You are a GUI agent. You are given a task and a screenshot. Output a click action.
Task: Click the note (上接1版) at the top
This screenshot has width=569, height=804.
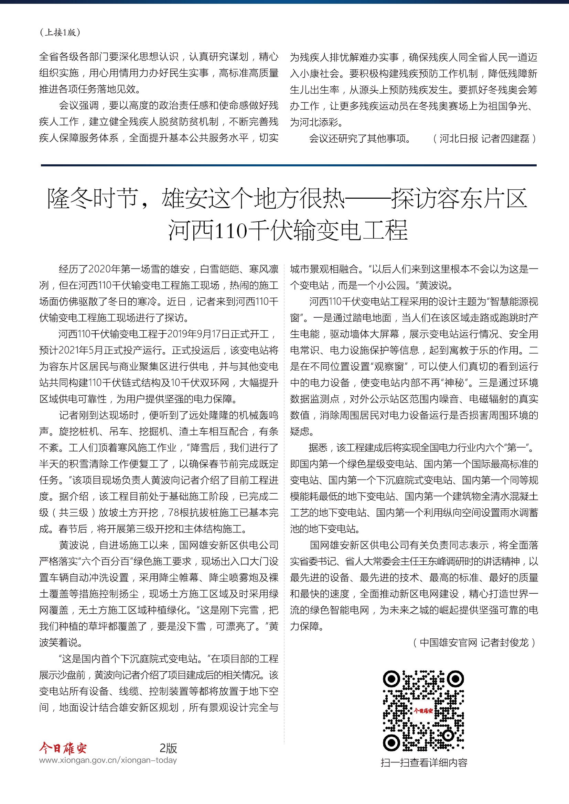click(60, 32)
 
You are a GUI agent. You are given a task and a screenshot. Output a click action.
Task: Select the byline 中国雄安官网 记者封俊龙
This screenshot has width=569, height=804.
click(474, 642)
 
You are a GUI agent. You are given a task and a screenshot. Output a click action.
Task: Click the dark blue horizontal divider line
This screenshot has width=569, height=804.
click(288, 165)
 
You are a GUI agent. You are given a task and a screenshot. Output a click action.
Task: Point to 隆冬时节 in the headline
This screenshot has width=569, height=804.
click(92, 198)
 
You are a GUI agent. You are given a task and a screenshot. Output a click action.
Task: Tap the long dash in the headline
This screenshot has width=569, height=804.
click(368, 199)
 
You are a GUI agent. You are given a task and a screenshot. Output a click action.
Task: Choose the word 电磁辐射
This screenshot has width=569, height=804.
click(489, 399)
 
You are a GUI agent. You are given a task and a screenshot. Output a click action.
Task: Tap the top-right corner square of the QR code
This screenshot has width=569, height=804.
click(455, 679)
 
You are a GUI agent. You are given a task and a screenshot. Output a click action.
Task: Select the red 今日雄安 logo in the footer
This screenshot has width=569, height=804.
click(63, 748)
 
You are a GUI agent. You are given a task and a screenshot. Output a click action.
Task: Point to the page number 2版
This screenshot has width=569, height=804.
click(168, 748)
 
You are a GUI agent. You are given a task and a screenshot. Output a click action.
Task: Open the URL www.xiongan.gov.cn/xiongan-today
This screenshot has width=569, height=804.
click(108, 760)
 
